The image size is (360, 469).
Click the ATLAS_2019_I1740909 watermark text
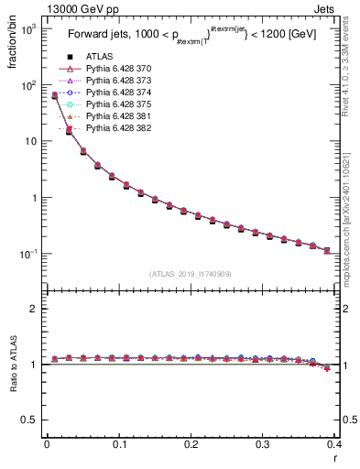(191, 273)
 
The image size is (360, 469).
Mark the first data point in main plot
(54, 95)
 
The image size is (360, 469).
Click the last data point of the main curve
(327, 250)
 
